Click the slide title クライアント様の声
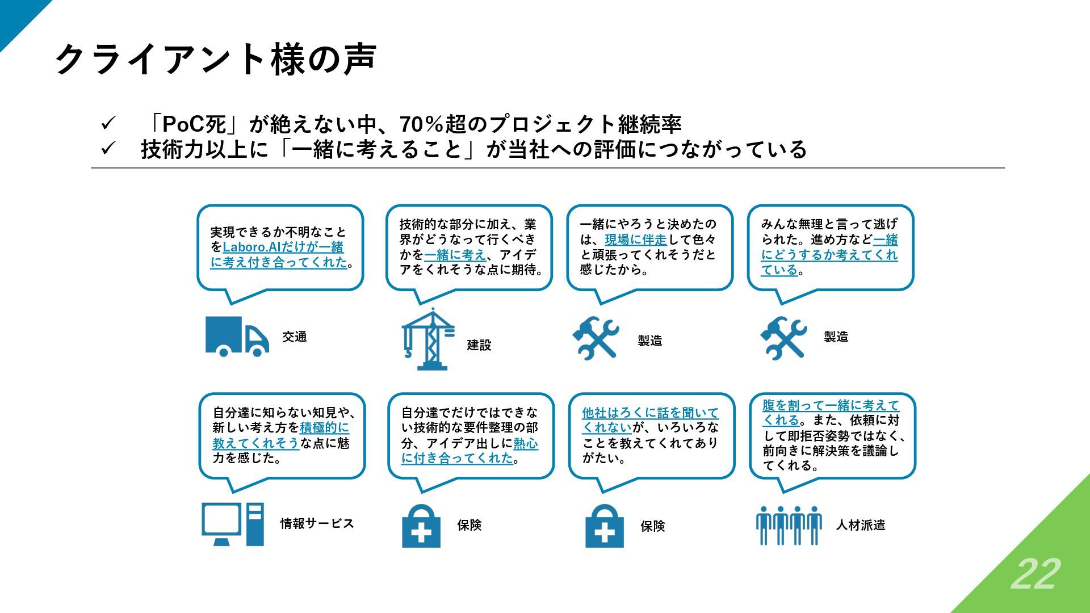click(216, 59)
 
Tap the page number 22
click(1035, 574)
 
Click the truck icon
click(237, 336)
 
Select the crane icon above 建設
click(428, 339)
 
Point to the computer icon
click(233, 524)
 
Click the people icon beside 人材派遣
click(789, 525)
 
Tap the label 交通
click(295, 337)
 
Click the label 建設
click(479, 345)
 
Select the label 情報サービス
click(317, 523)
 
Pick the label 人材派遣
click(860, 525)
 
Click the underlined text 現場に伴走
click(635, 240)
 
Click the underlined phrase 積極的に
click(324, 427)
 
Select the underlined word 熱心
click(525, 443)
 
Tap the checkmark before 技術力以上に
click(108, 149)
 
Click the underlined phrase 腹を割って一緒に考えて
click(831, 405)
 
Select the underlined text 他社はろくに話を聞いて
click(650, 413)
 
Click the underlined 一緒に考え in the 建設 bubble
click(455, 255)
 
